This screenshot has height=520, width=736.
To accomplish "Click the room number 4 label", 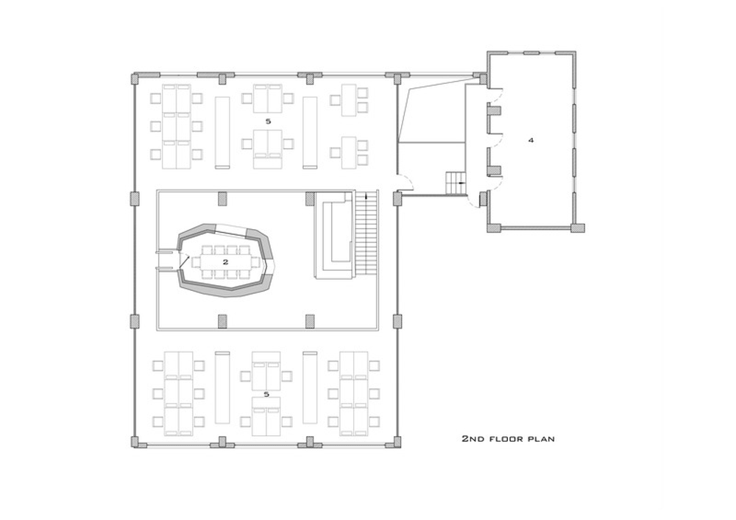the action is pyautogui.click(x=531, y=140).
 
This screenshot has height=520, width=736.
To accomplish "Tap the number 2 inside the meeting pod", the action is pyautogui.click(x=225, y=262).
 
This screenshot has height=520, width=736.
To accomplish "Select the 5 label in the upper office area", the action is pyautogui.click(x=268, y=122).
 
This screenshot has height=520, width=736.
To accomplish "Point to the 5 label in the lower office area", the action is pyautogui.click(x=266, y=395).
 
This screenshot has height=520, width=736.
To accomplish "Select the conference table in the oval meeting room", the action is pyautogui.click(x=226, y=262).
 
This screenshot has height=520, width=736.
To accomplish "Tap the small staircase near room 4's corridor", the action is pyautogui.click(x=456, y=183).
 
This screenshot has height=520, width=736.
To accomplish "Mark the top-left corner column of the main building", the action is pyautogui.click(x=135, y=78).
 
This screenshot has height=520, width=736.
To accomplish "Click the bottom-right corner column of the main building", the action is pyautogui.click(x=397, y=442).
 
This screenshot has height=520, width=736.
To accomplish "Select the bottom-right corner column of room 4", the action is pyautogui.click(x=578, y=228).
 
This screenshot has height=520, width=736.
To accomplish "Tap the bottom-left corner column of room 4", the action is pyautogui.click(x=493, y=228).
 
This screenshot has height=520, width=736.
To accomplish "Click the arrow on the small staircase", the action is pyautogui.click(x=462, y=183).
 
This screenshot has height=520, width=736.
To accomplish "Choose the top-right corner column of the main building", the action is pyautogui.click(x=397, y=78).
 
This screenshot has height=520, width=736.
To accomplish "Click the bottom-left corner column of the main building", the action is pyautogui.click(x=135, y=442).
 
